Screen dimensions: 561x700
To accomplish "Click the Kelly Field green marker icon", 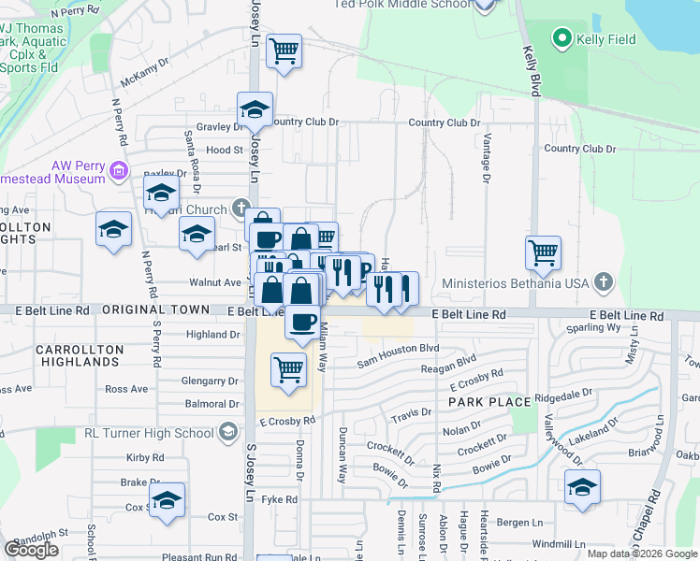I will click(562, 38).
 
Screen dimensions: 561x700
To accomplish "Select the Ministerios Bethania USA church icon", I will click(604, 280).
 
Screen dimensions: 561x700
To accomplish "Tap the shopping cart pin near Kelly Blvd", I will click(543, 252).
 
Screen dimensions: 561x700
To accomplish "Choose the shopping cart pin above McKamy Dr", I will click(284, 50).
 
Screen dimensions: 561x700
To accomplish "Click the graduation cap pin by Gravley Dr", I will click(255, 109).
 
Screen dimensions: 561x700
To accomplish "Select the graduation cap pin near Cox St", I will click(167, 499).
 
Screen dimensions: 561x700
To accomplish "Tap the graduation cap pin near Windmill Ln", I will click(582, 487).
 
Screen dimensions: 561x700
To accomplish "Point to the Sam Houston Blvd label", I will click(398, 348).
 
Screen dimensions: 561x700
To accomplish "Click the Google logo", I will click(31, 550).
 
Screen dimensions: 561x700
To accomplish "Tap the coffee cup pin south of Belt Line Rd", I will click(302, 323).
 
